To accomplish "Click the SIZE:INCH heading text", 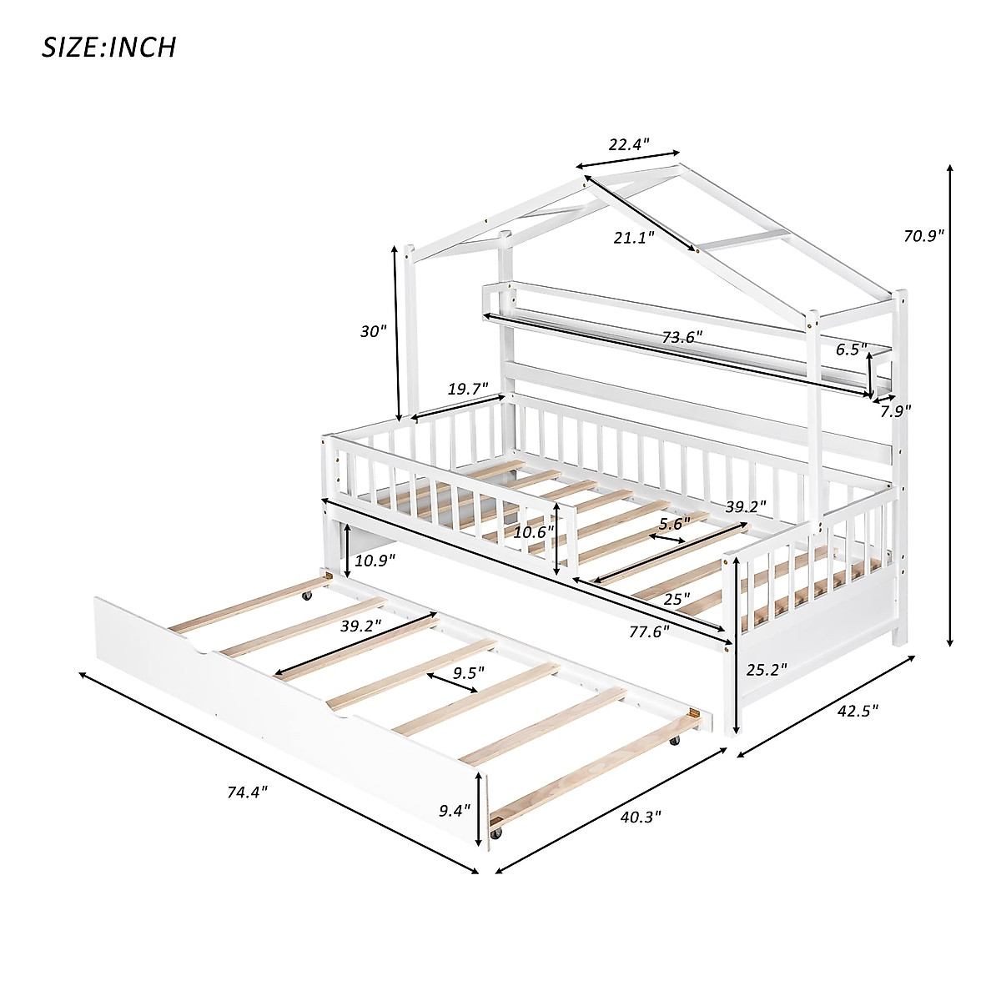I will [109, 47].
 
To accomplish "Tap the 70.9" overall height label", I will [923, 236].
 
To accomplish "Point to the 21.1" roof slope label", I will [634, 238].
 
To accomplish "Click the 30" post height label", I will [374, 331].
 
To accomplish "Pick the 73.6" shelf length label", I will [682, 337].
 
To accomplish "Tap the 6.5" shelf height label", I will [853, 350].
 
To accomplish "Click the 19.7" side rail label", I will [468, 388].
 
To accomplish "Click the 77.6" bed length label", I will [650, 632].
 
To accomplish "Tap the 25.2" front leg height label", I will [766, 669].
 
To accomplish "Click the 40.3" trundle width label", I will [639, 817].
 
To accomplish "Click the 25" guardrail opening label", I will [677, 599].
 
